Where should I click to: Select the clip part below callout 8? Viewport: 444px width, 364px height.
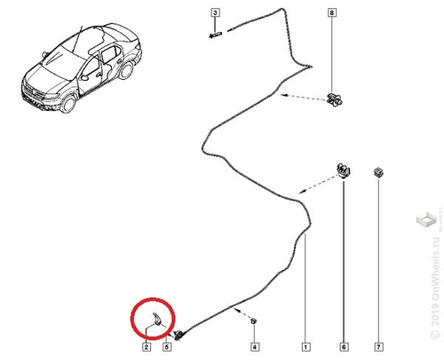[x=335, y=98]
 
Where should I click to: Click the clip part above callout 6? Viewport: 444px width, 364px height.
[x=342, y=170]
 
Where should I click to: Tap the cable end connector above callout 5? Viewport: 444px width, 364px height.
[x=179, y=333]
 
